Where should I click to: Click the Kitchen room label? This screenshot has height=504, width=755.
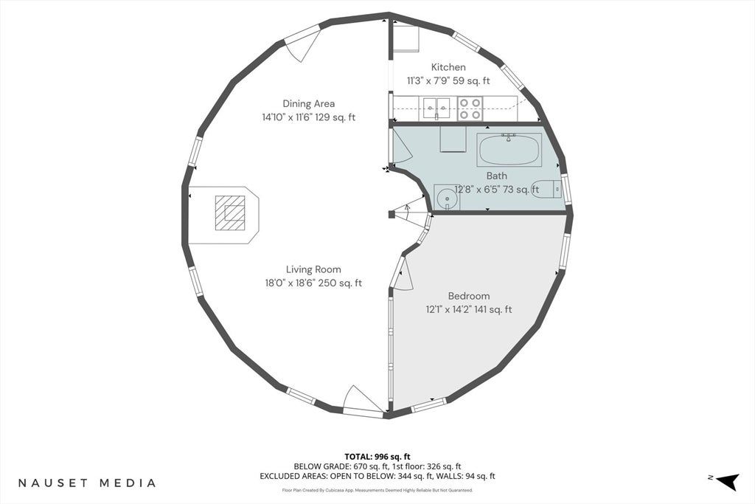coord(448,67)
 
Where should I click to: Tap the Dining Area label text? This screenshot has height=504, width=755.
coord(309,103)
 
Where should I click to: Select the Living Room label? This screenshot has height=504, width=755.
coord(313,270)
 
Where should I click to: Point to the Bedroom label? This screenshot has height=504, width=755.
coord(468,296)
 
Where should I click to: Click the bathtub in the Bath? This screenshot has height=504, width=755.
coord(509,149)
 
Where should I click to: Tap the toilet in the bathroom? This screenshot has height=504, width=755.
coord(547,188)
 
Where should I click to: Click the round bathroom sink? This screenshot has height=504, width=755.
coord(446,197)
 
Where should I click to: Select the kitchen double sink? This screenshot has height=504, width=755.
coord(436,108)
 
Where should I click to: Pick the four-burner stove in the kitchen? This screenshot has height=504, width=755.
coord(470,108)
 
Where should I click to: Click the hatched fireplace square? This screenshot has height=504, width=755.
coord(230,213)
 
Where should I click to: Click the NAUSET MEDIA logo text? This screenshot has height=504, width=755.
coord(87,483)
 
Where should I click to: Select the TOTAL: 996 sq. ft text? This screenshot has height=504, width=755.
coord(377,456)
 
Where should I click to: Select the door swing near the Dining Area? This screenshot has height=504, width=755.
coord(302,44)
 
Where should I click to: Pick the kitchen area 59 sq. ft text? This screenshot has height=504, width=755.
coord(472,81)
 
